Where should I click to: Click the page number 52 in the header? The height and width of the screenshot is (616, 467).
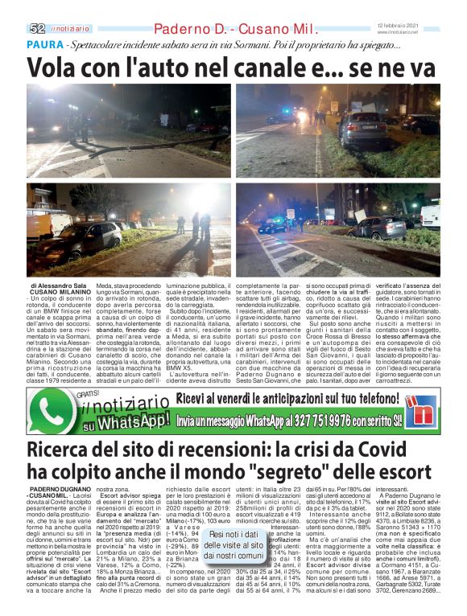tap(37, 28)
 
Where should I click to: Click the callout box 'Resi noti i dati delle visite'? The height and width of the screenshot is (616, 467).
tap(234, 544)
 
